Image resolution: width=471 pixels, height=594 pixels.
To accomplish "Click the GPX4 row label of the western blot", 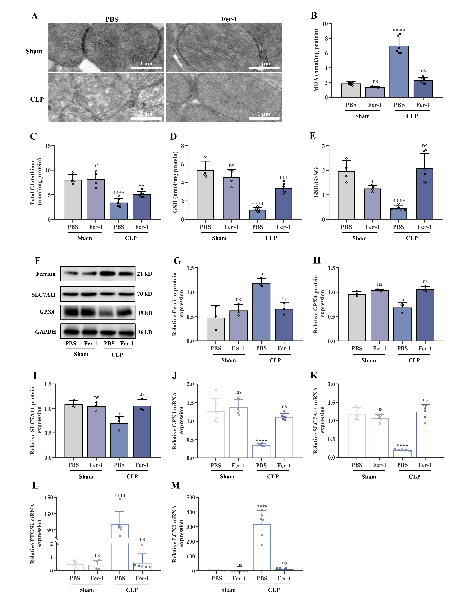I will [47, 312].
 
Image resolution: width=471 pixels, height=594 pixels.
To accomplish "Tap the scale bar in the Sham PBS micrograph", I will [146, 68].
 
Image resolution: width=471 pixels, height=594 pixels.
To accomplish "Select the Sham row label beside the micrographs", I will [34, 51].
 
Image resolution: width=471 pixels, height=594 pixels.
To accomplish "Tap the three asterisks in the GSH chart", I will [283, 178].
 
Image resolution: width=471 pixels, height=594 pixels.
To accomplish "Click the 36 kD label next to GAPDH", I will [145, 332].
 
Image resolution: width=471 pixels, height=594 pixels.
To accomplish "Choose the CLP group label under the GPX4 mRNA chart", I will [273, 476].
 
